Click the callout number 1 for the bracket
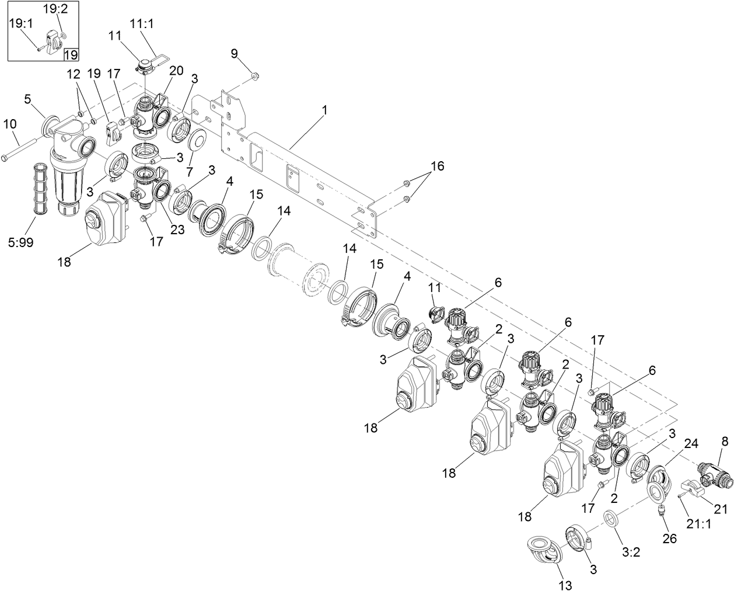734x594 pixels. pyautogui.click(x=325, y=110)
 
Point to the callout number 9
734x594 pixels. pyautogui.click(x=234, y=54)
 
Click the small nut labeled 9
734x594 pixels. pyautogui.click(x=255, y=75)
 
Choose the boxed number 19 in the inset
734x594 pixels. pyautogui.click(x=70, y=54)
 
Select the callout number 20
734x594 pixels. pyautogui.click(x=176, y=71)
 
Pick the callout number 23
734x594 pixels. pyautogui.click(x=177, y=230)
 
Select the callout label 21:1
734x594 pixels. pyautogui.click(x=700, y=524)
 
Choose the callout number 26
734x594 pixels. pyautogui.click(x=669, y=537)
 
